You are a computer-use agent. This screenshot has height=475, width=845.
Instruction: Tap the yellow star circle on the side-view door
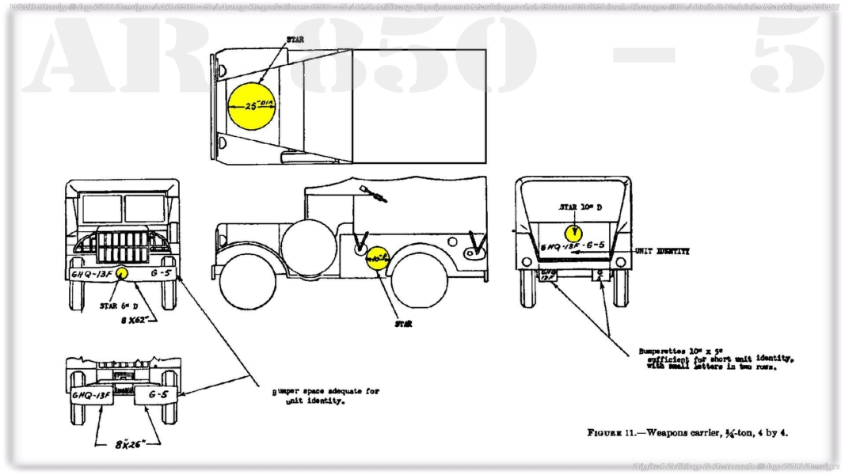click(x=379, y=257)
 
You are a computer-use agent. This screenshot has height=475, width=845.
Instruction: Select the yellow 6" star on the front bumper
click(x=122, y=273)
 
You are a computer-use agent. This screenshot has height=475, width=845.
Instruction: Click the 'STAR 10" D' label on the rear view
click(x=580, y=207)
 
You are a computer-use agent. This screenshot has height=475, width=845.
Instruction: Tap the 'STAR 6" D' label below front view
click(x=120, y=306)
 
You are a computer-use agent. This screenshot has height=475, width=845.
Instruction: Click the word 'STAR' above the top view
click(x=295, y=39)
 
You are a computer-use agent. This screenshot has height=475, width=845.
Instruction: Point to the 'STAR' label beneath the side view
click(x=403, y=323)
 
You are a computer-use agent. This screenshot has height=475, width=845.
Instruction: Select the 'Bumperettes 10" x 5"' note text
click(x=715, y=358)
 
